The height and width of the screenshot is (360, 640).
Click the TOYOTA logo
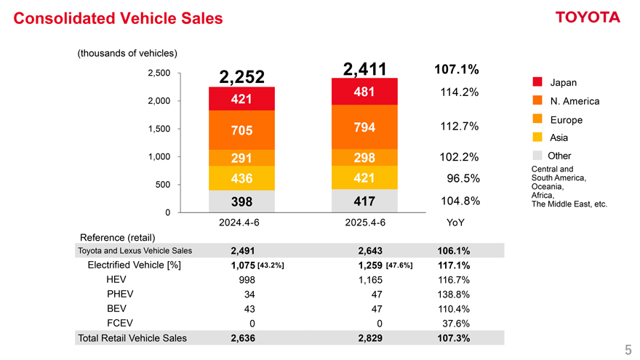pyautogui.click(x=588, y=17)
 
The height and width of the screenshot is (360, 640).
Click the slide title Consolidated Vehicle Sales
pyautogui.click(x=119, y=18)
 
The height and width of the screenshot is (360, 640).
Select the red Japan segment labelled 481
pyautogui.click(x=364, y=92)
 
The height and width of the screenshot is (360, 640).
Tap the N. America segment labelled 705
pyautogui.click(x=241, y=130)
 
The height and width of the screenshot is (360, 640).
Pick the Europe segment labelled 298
pyautogui.click(x=364, y=159)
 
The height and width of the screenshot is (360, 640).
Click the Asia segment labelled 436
pyautogui.click(x=241, y=178)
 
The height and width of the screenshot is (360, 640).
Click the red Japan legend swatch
pyautogui.click(x=537, y=82)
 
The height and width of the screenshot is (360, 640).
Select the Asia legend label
pyautogui.click(x=559, y=137)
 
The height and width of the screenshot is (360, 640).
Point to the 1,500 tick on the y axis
pyautogui.click(x=159, y=129)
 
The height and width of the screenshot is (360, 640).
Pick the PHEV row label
pyautogui.click(x=120, y=294)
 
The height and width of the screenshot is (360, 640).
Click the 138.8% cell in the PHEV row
pyautogui.click(x=453, y=294)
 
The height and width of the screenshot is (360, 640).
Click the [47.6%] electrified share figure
pyautogui.click(x=400, y=265)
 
